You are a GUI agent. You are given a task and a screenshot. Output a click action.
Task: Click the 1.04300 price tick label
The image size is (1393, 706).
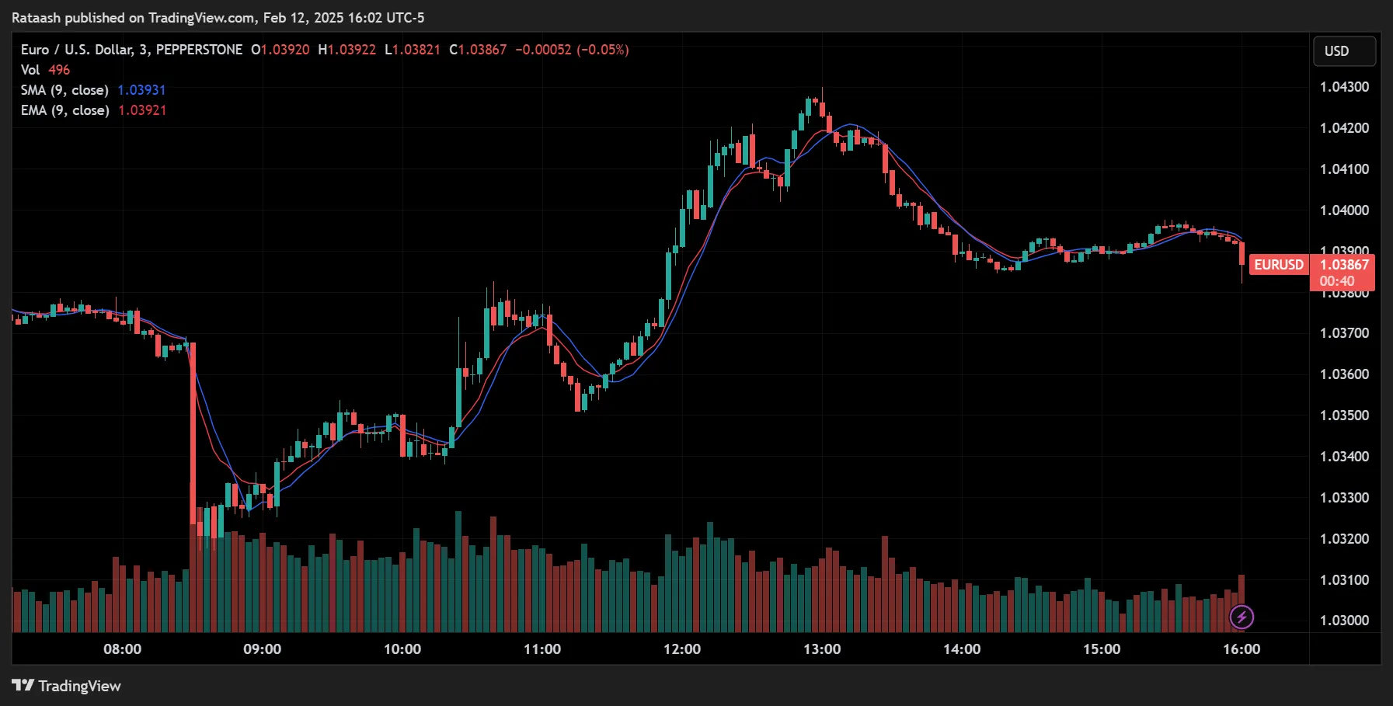[1344, 87]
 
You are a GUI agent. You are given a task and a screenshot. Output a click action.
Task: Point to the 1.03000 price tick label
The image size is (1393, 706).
[1344, 621]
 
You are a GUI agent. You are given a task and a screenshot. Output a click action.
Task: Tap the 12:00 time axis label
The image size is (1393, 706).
[682, 649]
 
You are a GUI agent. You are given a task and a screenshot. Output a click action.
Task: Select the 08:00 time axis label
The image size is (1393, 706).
[123, 649]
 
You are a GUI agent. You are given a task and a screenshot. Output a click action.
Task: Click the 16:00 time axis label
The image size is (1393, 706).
[1242, 649]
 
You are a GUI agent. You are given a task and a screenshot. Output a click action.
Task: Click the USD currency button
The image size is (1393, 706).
[1344, 51]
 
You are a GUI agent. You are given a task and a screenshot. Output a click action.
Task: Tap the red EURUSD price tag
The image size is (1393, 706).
[1278, 265]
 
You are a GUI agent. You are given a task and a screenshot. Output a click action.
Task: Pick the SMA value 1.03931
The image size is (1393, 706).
[141, 90]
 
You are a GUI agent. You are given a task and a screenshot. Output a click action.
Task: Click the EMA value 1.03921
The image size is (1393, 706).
[142, 110]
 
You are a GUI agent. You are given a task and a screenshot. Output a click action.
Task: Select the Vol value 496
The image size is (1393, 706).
[59, 70]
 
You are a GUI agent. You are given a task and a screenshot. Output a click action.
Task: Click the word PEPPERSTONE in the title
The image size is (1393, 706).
[199, 50]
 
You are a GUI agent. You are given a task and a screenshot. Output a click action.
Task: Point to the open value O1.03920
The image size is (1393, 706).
[280, 50]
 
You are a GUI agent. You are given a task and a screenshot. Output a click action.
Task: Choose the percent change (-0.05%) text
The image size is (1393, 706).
[603, 50]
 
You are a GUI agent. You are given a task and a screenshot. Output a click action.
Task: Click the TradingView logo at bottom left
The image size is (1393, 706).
[67, 686]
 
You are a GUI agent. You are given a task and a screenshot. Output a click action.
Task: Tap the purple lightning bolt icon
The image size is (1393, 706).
[1242, 617]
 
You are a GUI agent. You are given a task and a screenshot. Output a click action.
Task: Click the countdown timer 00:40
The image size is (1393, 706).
[1336, 281]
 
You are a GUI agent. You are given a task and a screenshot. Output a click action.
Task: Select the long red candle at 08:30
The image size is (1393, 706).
[193, 435]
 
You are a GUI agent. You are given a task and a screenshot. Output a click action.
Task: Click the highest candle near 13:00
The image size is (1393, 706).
[822, 109]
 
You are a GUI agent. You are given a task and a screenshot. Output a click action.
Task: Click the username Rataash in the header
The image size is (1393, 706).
[36, 18]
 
